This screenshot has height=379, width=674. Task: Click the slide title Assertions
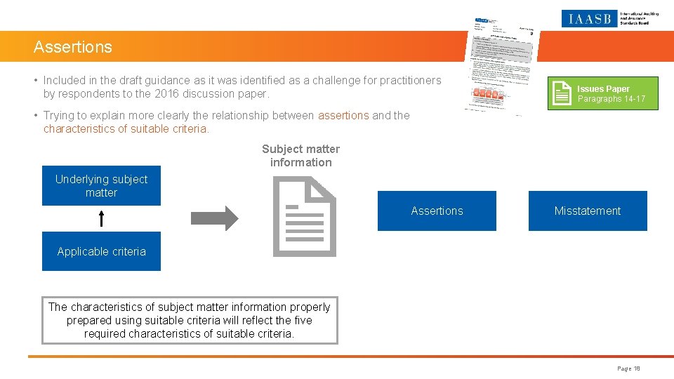tap(73, 47)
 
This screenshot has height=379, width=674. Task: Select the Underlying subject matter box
tap(101, 186)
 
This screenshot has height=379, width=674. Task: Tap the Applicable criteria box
tap(101, 251)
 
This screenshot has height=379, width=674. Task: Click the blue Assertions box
tap(437, 211)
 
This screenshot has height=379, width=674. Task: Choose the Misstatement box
tap(587, 211)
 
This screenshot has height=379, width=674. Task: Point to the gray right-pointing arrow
tap(215, 218)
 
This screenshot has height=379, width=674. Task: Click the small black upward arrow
tap(101, 218)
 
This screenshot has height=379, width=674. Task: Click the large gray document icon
tap(304, 216)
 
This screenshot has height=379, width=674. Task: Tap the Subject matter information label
tap(300, 156)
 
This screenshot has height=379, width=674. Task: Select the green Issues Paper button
tap(603, 93)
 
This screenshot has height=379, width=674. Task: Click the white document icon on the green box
tap(562, 93)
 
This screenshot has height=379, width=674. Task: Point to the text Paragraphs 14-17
tap(611, 100)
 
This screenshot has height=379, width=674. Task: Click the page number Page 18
tap(628, 368)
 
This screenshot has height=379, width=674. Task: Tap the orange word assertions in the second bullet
tap(343, 115)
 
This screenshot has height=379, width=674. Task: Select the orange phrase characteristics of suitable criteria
tap(126, 129)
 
